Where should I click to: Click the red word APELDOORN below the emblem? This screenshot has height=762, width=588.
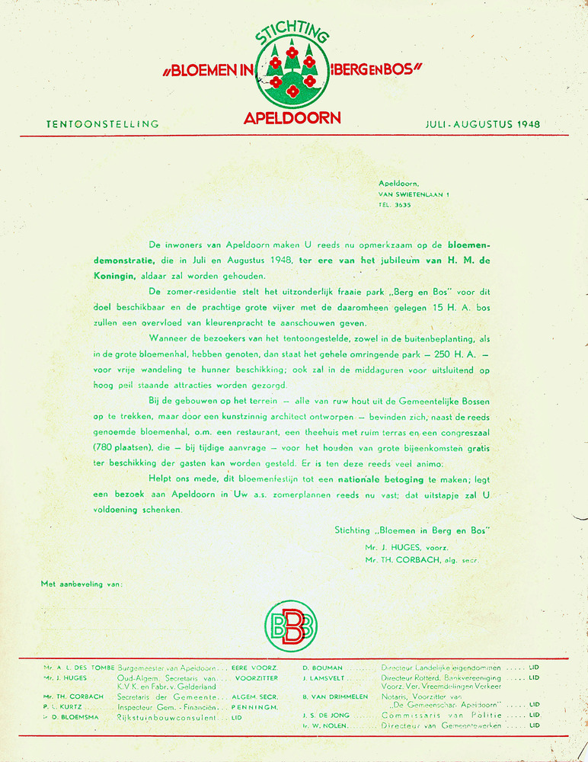[292, 118]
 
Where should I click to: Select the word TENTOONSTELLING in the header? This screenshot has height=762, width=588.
[102, 123]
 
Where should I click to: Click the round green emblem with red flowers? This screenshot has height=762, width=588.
[292, 74]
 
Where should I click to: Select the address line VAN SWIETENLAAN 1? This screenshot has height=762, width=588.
[413, 194]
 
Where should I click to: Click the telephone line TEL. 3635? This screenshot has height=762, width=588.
[395, 205]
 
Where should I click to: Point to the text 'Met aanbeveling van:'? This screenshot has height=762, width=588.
[81, 584]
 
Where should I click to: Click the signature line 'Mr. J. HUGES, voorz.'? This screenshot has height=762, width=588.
[407, 547]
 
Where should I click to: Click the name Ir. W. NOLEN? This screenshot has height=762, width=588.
[323, 725]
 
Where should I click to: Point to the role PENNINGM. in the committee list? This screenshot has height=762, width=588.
[254, 707]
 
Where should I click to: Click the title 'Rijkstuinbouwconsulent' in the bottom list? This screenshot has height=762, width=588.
[166, 718]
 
